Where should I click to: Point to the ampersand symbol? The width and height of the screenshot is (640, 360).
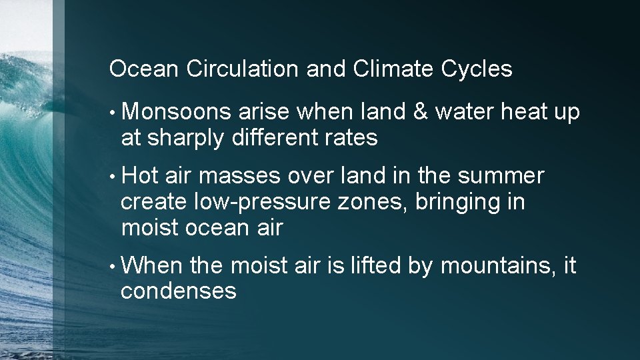420,112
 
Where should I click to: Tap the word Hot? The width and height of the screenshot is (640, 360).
140,177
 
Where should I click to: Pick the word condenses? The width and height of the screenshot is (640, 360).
179,291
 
